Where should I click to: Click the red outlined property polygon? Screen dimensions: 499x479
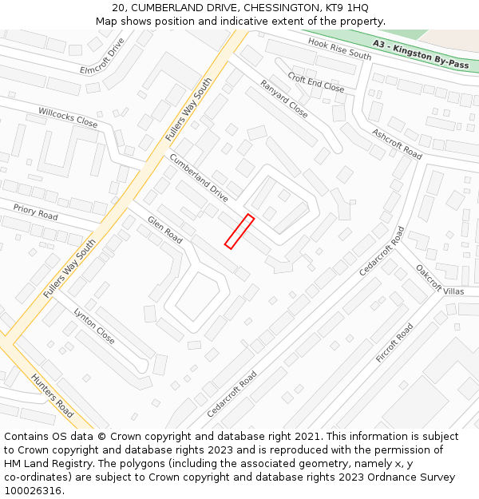239,232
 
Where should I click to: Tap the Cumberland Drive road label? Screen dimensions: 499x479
199,177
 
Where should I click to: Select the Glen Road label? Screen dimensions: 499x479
164,230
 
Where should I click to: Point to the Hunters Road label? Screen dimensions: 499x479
52,395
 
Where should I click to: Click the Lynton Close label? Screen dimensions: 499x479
94,326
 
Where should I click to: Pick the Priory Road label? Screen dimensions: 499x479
35,212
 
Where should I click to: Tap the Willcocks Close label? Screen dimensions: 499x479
68,117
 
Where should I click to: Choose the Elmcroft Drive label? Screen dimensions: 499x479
103,56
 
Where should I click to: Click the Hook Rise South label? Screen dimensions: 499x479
340,50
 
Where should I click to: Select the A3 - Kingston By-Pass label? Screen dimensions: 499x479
420,55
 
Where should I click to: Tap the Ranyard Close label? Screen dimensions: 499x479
283,99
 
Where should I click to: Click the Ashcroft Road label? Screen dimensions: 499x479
397,142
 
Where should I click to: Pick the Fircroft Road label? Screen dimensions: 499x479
394,343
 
